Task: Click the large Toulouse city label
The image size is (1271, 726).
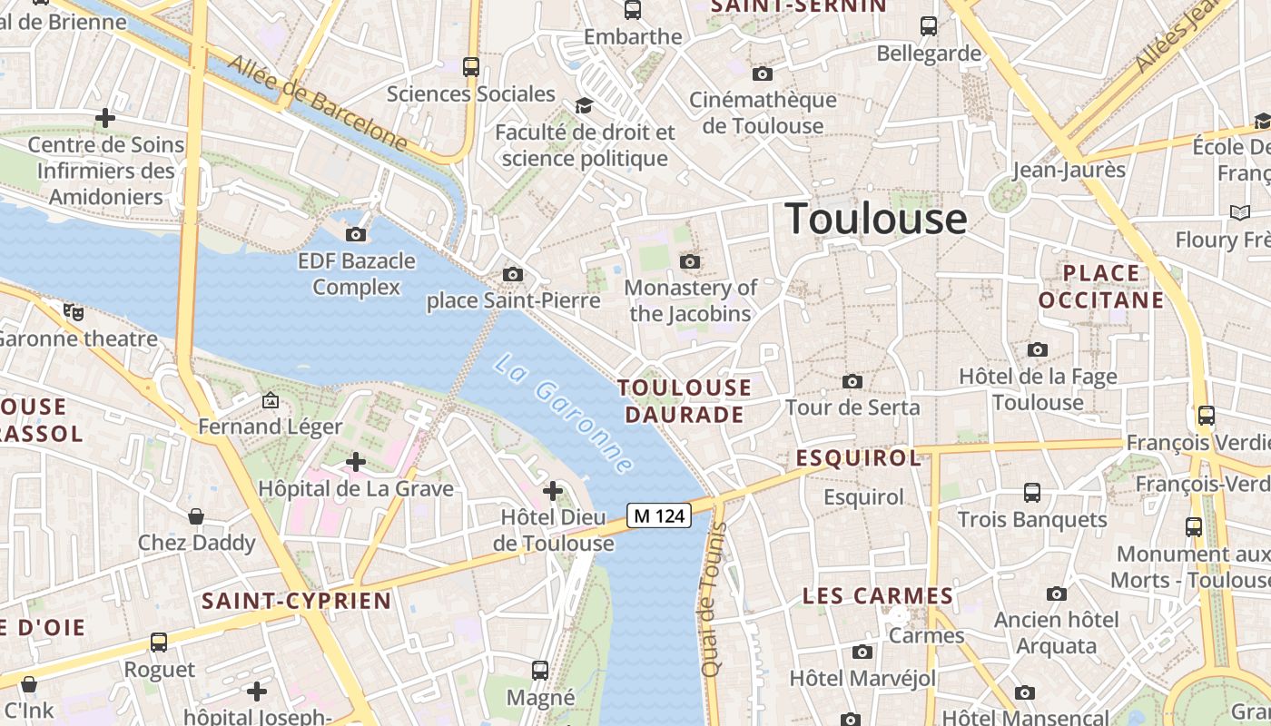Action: click(875, 219)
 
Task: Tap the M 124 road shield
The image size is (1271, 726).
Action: click(659, 516)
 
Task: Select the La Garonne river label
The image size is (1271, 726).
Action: click(563, 414)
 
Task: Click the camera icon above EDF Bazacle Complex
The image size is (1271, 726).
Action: click(356, 235)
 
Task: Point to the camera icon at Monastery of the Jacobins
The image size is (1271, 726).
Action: click(690, 262)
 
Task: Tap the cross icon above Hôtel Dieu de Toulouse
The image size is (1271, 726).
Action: click(553, 491)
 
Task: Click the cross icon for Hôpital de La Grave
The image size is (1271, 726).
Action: click(356, 462)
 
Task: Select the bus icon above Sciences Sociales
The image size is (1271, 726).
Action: click(470, 66)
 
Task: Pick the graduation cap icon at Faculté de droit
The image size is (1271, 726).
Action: click(584, 106)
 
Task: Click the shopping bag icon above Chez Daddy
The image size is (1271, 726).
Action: click(196, 516)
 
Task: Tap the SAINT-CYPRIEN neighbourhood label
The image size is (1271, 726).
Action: click(297, 601)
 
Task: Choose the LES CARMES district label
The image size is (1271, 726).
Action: click(878, 596)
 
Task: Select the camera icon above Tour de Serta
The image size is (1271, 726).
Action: click(852, 381)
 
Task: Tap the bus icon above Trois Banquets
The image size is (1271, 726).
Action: click(1032, 493)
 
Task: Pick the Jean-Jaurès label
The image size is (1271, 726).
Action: click(1069, 170)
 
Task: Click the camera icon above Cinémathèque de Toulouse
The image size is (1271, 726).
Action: click(763, 74)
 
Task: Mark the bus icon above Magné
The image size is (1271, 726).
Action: click(540, 671)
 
